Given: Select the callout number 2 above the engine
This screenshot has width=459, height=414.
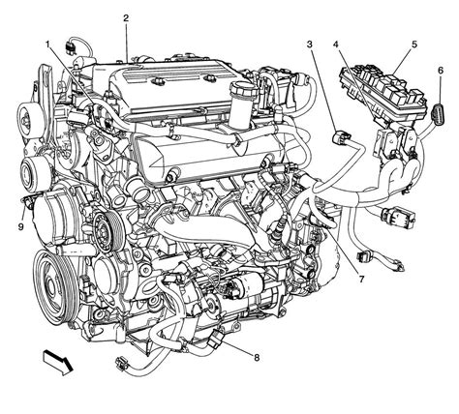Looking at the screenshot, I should (x=126, y=18).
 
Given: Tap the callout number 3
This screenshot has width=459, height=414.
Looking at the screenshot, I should (x=310, y=45).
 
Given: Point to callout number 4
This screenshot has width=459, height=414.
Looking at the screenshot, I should (x=336, y=45).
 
